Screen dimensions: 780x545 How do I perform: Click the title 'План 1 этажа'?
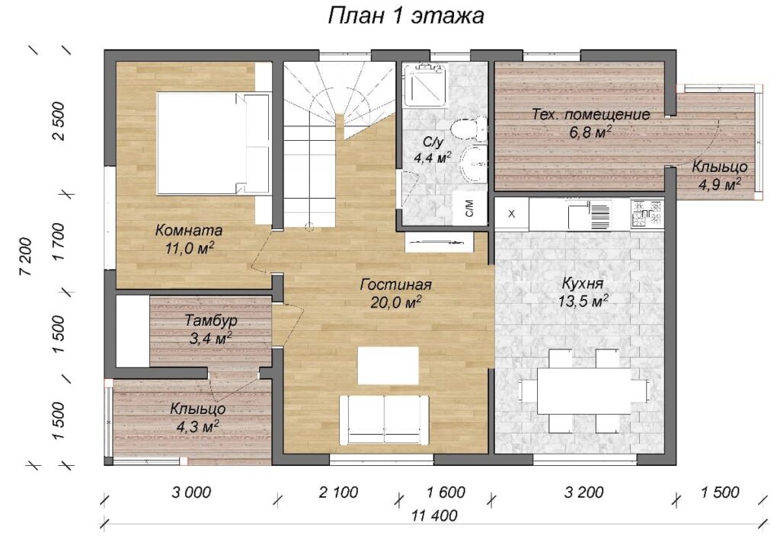tap(405, 15)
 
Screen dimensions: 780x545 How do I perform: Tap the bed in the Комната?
tap(213, 142)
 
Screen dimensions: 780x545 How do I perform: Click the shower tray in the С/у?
tap(424, 85)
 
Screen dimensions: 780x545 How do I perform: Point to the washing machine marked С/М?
tap(470, 208)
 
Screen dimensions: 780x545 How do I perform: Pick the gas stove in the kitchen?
tap(647, 213)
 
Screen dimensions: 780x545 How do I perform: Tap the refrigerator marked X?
tap(511, 214)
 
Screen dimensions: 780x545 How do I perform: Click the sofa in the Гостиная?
tap(384, 420)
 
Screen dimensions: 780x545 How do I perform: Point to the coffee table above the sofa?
tap(388, 365)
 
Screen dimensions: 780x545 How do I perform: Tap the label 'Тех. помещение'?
tap(590, 114)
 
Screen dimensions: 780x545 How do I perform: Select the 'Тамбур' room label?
tap(211, 320)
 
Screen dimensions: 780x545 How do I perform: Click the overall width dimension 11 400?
tap(434, 515)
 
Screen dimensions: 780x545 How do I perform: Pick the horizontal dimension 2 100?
tap(338, 492)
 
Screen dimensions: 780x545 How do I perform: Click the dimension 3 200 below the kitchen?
tap(584, 492)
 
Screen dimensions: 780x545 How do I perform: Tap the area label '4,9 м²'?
tap(719, 185)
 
